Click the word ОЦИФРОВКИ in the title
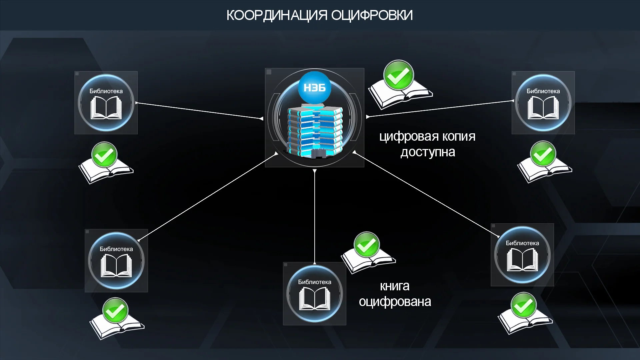pyautogui.click(x=372, y=15)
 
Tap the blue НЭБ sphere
pyautogui.click(x=314, y=87)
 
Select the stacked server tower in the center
pyautogui.click(x=315, y=132)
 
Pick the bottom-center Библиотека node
pyautogui.click(x=314, y=294)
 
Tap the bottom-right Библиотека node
pyautogui.click(x=522, y=255)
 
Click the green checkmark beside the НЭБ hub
pyautogui.click(x=398, y=75)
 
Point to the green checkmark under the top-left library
pyautogui.click(x=104, y=155)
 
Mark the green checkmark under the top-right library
pyautogui.click(x=543, y=154)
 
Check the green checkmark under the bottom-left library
pyautogui.click(x=115, y=310)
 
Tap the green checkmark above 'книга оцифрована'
pyautogui.click(x=367, y=244)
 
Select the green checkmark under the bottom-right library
pyautogui.click(x=524, y=305)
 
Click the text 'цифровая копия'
pyautogui.click(x=427, y=137)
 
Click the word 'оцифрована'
pyautogui.click(x=395, y=302)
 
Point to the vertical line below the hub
pyautogui.click(x=315, y=217)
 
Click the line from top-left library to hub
pyautogui.click(x=200, y=111)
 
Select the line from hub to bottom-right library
pyautogui.click(x=427, y=195)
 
